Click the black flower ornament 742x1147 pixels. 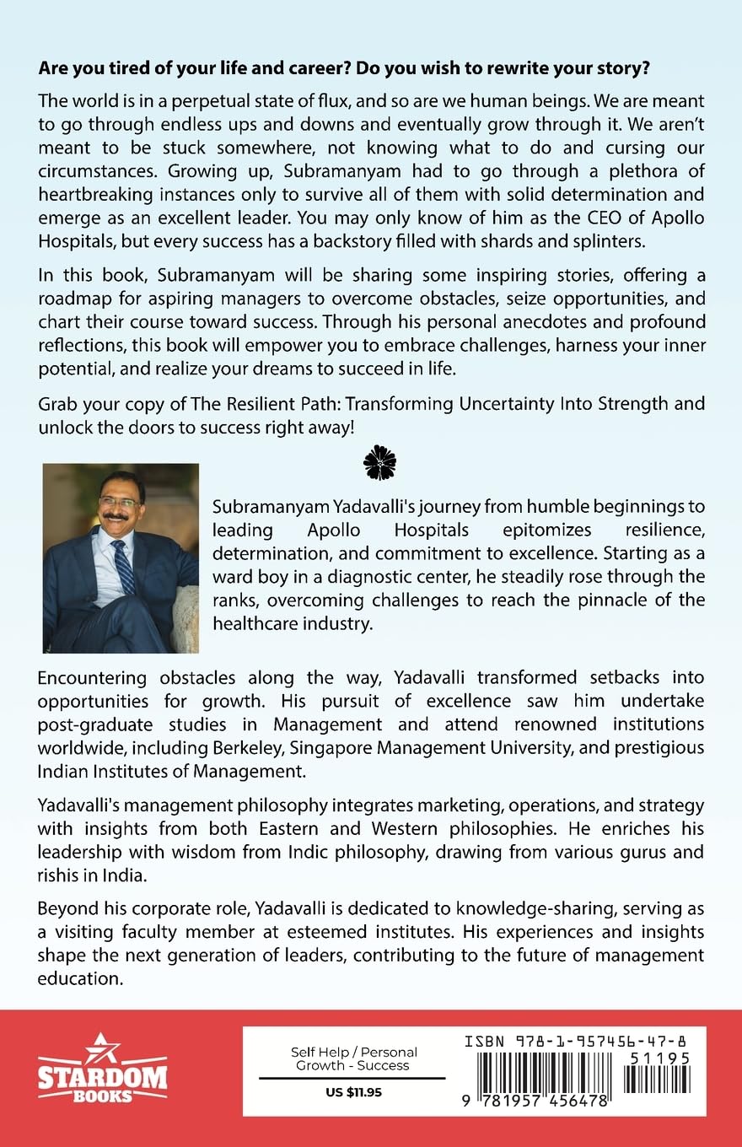coord(379,462)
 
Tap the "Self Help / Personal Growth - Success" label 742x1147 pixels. coord(353,1058)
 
